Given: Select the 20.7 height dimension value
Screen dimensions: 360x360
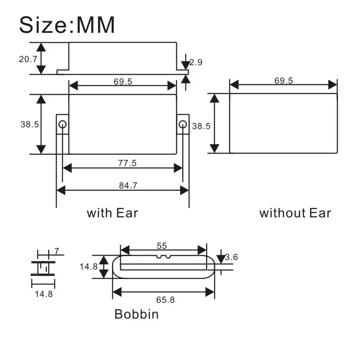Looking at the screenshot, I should tap(28, 58).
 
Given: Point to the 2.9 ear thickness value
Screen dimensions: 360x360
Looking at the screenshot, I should tap(196, 63).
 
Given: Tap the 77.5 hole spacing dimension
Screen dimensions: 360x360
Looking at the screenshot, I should tap(127, 163).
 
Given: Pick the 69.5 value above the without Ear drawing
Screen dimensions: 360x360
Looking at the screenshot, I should tap(283, 81).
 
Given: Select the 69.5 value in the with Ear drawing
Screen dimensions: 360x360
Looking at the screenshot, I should tap(123, 81).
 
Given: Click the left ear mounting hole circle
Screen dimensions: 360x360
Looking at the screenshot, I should tap(63, 124).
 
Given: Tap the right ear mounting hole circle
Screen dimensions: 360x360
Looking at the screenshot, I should tap(182, 124).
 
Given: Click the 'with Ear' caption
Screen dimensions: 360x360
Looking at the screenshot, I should tap(112, 212).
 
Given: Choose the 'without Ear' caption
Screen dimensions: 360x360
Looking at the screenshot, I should tap(295, 213).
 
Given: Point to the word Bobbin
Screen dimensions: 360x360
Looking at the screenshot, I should tap(136, 314).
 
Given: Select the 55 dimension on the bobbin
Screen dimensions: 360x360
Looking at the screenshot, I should tap(162, 246).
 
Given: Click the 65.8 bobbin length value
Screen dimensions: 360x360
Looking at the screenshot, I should tap(165, 299).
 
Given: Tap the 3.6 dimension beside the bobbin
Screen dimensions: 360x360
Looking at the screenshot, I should tap(231, 257).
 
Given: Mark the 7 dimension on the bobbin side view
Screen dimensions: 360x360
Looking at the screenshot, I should tap(56, 250).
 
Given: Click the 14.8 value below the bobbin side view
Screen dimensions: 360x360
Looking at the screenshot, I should tap(44, 295).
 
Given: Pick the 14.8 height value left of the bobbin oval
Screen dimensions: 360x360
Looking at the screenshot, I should tap(89, 266).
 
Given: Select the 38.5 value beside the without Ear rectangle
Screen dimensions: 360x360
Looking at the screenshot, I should tap(201, 126).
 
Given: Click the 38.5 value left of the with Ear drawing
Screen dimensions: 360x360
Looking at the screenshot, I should tap(29, 125).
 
